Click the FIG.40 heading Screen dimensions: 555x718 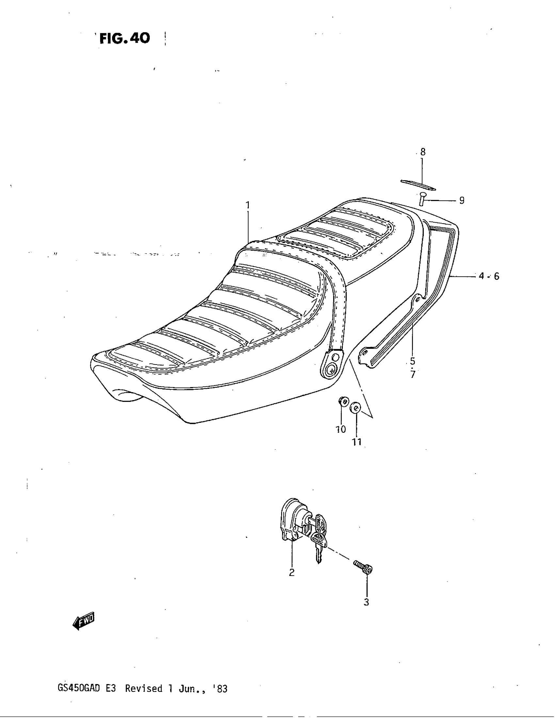click(125, 39)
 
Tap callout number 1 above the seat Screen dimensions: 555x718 click(247, 206)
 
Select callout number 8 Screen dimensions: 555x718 click(423, 152)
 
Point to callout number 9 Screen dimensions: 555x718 click(462, 200)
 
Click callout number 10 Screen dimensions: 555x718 click(341, 429)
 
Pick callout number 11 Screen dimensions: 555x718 click(357, 442)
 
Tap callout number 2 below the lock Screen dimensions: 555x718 click(292, 572)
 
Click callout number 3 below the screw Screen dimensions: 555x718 click(366, 602)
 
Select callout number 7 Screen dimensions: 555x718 click(413, 374)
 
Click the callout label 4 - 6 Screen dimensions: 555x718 click(489, 276)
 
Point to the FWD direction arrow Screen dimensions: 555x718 click(83, 621)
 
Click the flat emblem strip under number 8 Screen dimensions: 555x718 click(418, 185)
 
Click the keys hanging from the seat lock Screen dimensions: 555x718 click(319, 537)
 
